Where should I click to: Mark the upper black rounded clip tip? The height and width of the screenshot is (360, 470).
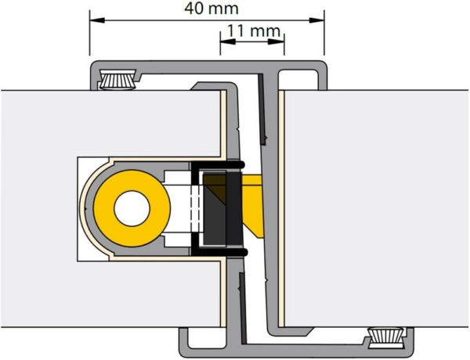coord(242,164)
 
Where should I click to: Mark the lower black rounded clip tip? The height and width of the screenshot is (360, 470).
coord(242,252)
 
